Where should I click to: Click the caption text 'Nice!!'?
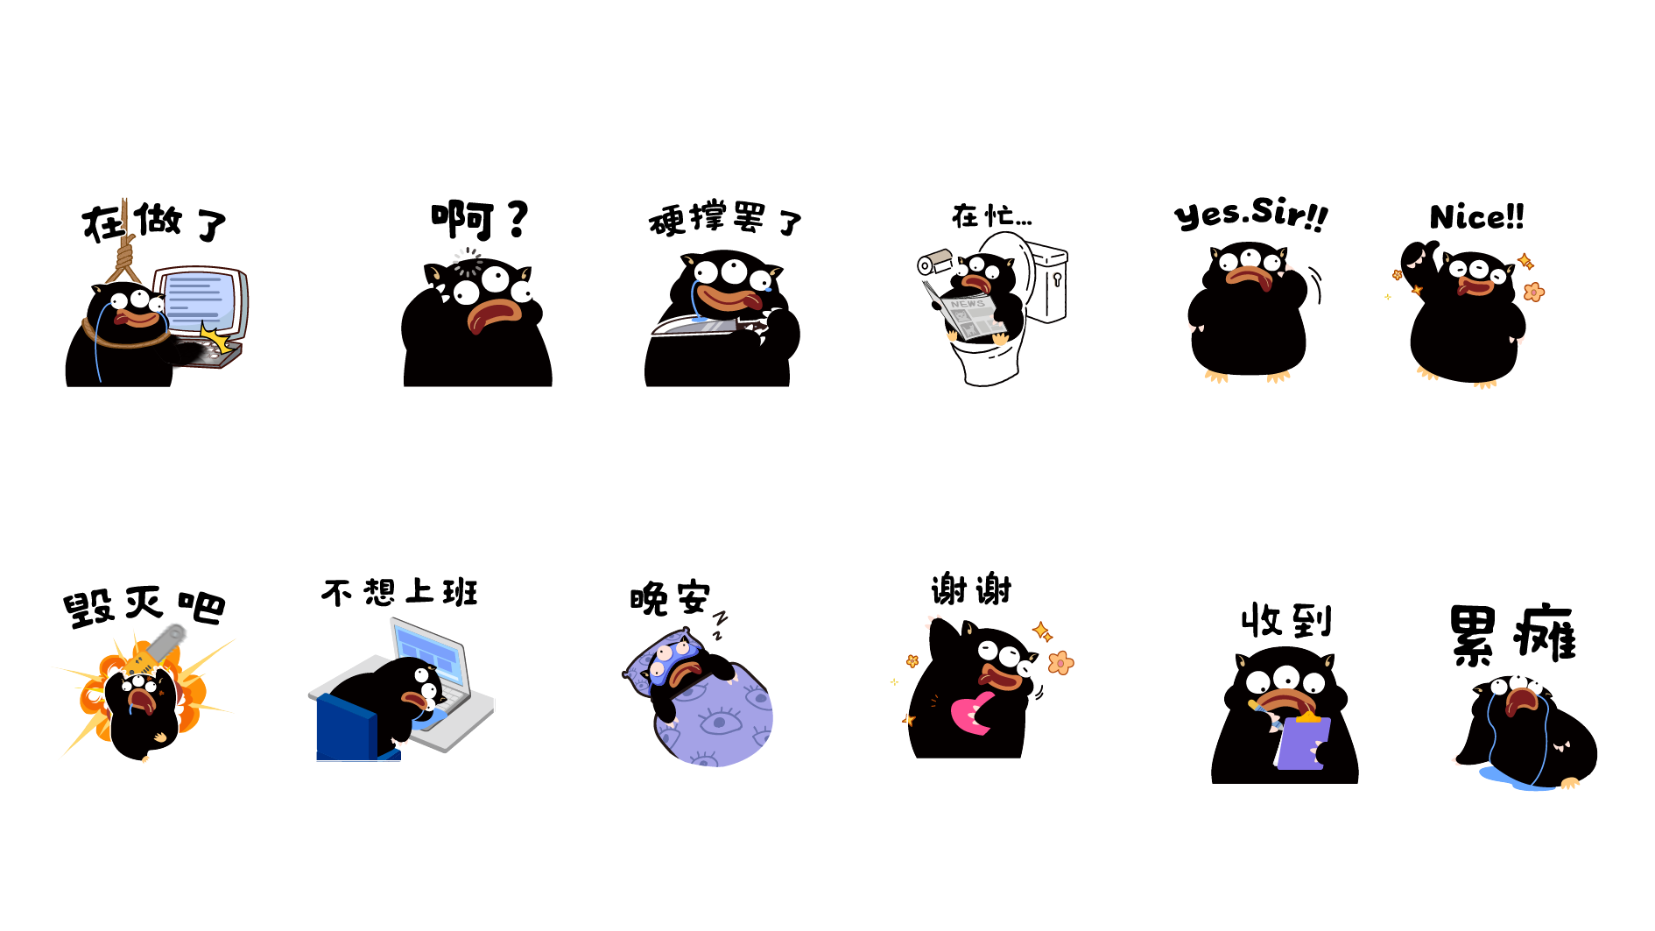(1476, 216)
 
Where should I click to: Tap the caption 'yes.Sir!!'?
(1250, 214)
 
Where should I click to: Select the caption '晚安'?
(670, 599)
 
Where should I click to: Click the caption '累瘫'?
(1512, 634)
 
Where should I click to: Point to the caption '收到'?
(1286, 621)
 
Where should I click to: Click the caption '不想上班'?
(399, 593)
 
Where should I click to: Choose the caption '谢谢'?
(971, 589)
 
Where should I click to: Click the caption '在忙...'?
(992, 215)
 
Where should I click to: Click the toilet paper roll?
(934, 262)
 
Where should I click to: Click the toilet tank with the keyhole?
(1047, 281)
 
